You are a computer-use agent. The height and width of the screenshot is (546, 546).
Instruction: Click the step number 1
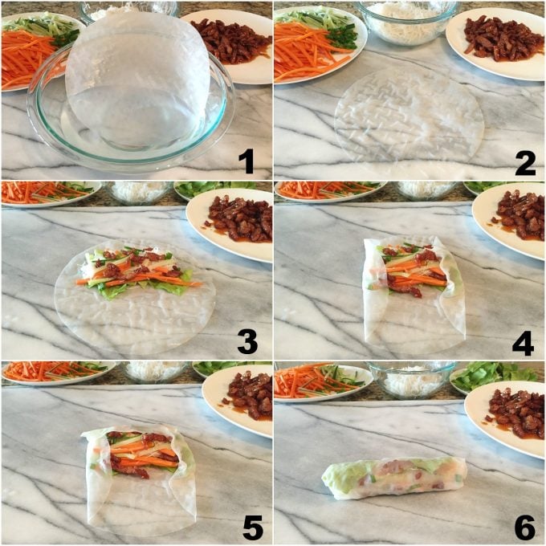click(247, 161)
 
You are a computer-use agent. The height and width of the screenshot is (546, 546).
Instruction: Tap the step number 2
click(525, 161)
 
